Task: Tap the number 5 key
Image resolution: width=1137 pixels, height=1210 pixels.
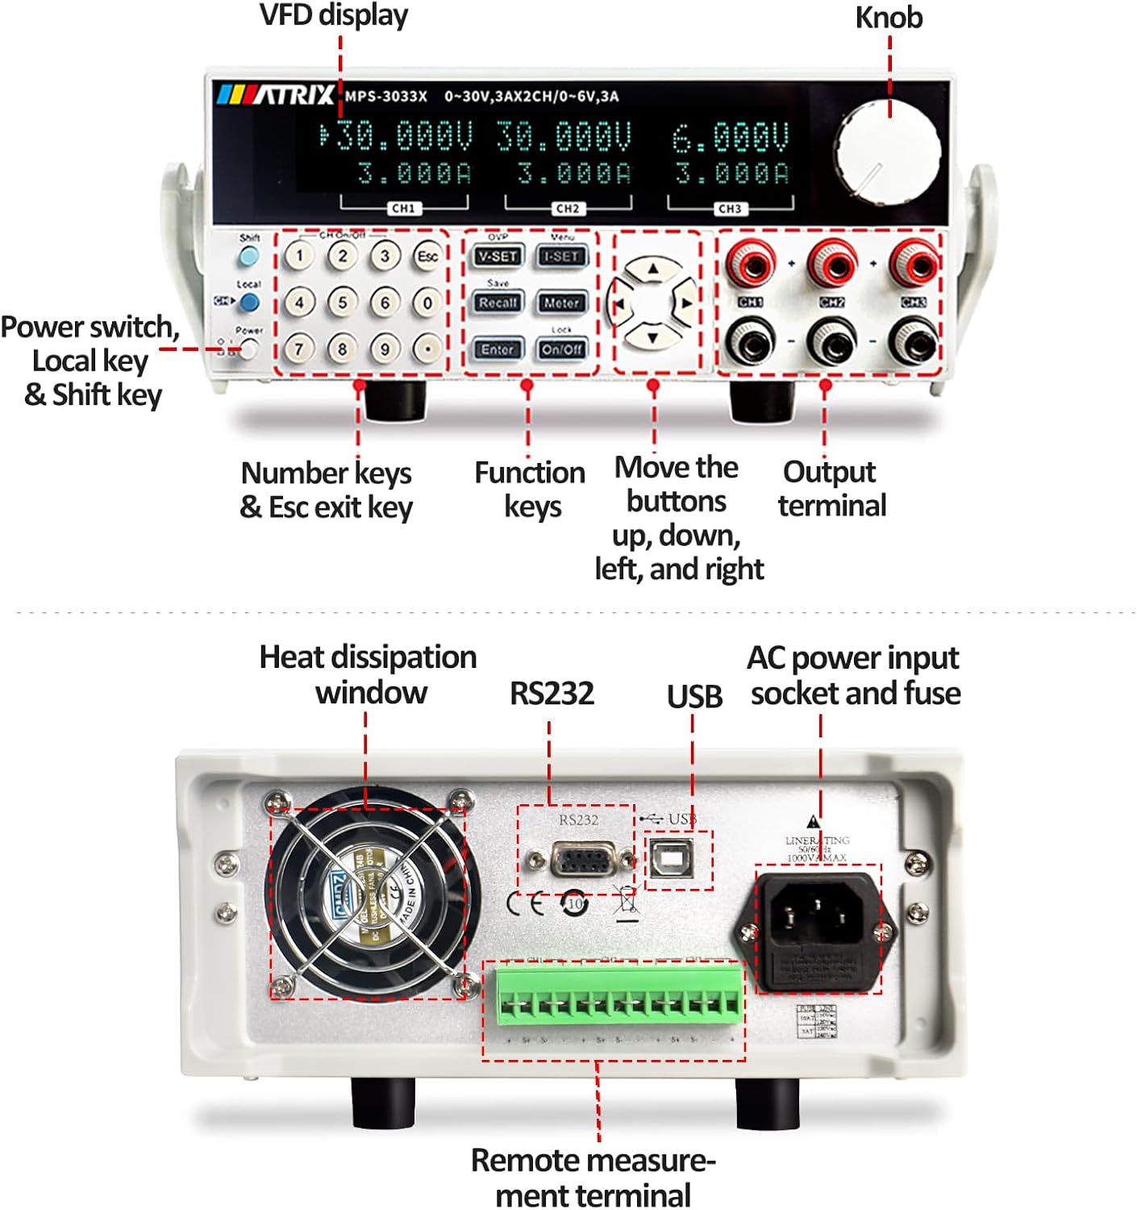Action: (343, 303)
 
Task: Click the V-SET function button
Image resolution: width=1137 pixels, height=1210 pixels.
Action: (498, 257)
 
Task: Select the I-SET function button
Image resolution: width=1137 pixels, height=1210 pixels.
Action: (561, 257)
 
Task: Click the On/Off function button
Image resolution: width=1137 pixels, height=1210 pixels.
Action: (561, 349)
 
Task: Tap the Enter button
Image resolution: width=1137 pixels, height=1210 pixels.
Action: (498, 349)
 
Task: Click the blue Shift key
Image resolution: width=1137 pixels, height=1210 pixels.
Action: (249, 257)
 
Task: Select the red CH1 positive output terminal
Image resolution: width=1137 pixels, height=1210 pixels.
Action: (751, 263)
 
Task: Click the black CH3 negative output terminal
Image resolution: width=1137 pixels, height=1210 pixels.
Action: (914, 342)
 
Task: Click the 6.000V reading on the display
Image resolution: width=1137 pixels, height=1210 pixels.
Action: (730, 138)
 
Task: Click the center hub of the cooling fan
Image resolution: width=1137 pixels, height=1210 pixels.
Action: (367, 895)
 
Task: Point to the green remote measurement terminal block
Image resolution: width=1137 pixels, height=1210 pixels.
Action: (618, 997)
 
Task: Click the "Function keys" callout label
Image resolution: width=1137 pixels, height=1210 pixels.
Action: (530, 489)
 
